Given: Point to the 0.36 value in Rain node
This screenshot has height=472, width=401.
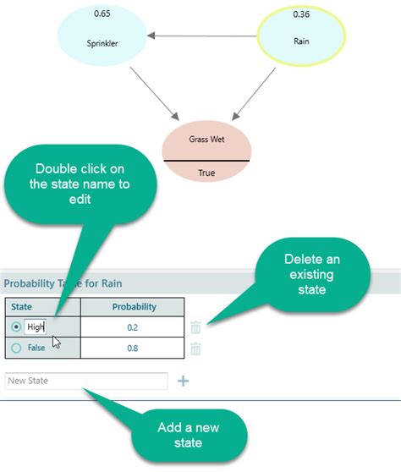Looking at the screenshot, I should point(301,14).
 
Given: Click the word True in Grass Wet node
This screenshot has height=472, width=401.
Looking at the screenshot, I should point(207,173).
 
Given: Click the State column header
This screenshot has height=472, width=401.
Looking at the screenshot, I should point(22,306).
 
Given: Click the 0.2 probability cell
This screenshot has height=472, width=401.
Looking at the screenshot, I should point(132,327).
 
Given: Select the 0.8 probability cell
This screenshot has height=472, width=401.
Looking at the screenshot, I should point(132,348).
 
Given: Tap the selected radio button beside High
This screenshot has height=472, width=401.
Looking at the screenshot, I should point(15,327).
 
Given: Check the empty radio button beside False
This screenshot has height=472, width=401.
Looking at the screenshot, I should point(15,348).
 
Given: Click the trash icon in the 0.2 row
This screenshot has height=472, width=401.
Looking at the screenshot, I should point(195,327).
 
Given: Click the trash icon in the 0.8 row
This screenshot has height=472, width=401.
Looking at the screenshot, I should point(195,348).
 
